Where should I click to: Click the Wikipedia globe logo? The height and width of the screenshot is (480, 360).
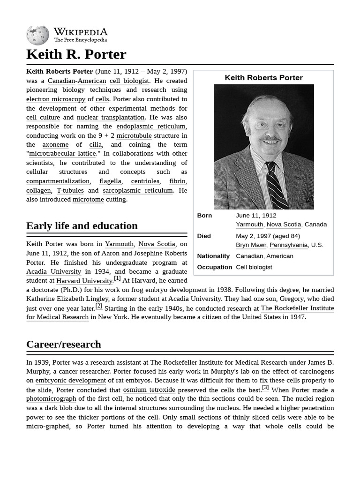tap(37, 36)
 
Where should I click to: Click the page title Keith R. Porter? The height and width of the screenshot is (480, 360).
tap(76, 54)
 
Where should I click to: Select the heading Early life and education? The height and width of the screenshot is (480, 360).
tap(82, 226)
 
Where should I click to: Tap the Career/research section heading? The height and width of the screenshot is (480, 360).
tap(64, 344)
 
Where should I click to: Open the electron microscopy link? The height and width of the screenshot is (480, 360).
tap(56, 99)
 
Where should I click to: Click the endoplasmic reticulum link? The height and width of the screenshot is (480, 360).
tap(151, 127)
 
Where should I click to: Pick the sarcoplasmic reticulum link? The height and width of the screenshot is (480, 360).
tap(138, 190)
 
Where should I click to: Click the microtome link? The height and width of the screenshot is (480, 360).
tap(88, 199)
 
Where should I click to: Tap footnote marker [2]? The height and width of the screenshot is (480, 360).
tap(98, 306)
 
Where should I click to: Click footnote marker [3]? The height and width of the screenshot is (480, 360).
tap(265, 388)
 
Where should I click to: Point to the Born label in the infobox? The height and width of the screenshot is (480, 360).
tap(204, 216)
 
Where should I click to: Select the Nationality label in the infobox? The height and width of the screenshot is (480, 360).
tap(213, 256)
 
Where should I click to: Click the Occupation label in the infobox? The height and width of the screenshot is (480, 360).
tap(215, 267)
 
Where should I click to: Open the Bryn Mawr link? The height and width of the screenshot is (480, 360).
tap(251, 245)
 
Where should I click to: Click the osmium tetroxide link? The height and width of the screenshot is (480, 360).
tap(149, 390)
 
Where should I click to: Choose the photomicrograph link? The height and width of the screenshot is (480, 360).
tap(51, 399)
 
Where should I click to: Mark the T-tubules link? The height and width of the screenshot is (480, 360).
tap(70, 190)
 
